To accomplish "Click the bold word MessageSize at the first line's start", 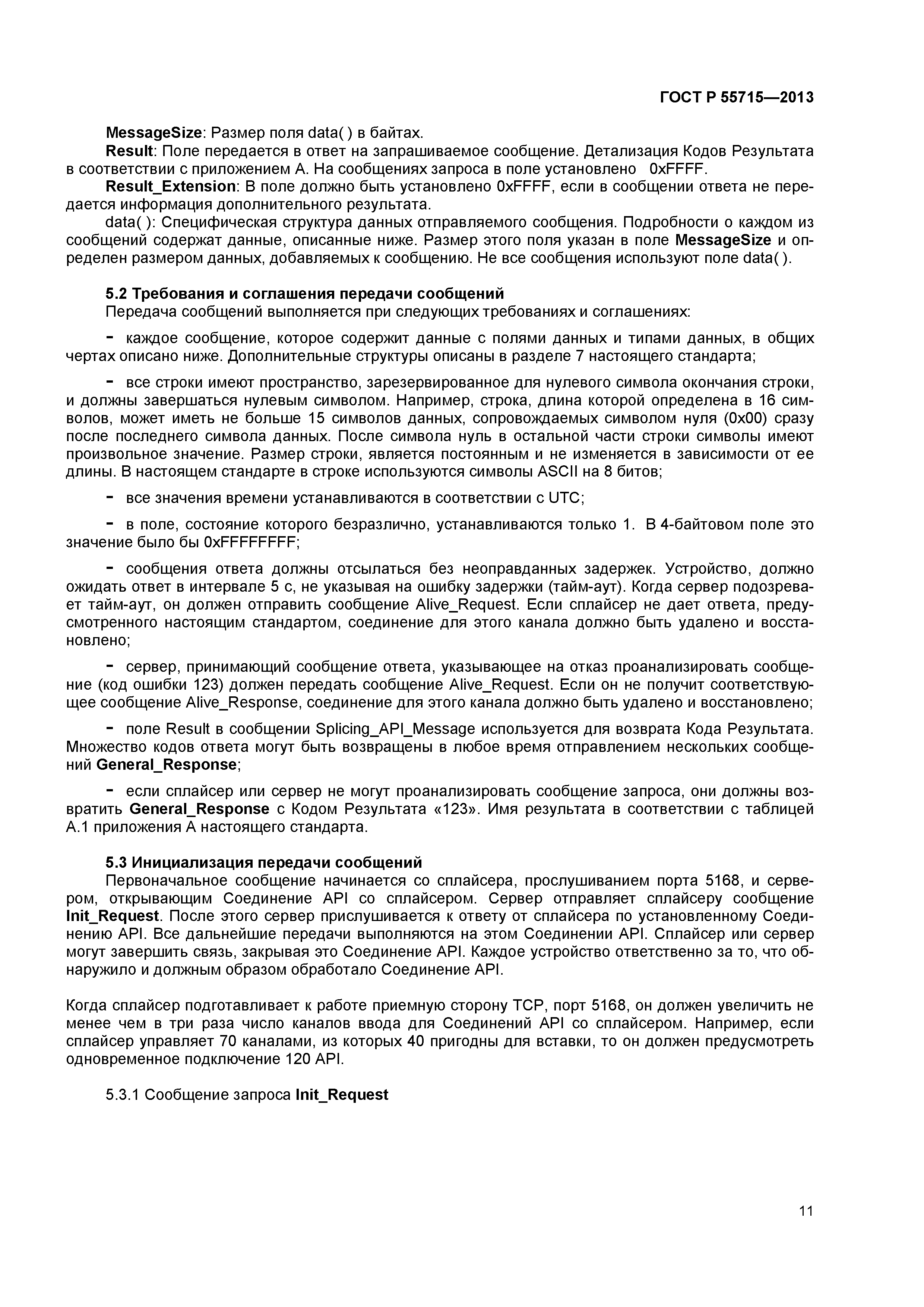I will (154, 133).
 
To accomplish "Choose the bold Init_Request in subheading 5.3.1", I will (342, 1094).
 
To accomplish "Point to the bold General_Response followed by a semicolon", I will (166, 765).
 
